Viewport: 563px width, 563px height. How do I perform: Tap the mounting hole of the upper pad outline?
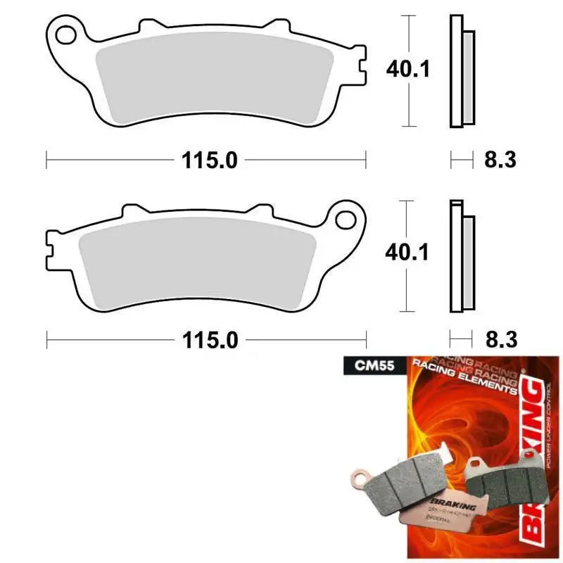[x=65, y=33]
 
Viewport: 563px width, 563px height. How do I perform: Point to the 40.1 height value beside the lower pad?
[x=407, y=251]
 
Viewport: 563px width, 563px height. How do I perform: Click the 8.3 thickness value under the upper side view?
[x=500, y=160]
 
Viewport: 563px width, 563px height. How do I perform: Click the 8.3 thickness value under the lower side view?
[x=500, y=341]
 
